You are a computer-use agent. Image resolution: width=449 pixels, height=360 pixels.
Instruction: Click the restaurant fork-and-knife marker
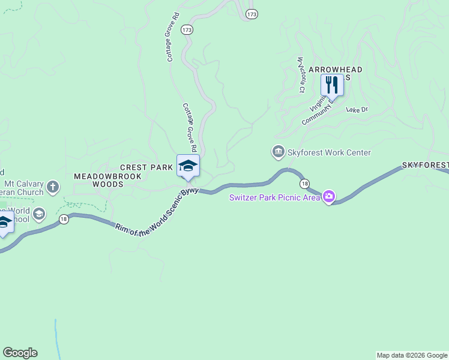click(x=332, y=85)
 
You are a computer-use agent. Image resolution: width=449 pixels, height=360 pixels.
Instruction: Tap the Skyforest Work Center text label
click(x=329, y=152)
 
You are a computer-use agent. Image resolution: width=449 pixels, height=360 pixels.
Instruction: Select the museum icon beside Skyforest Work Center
click(x=279, y=152)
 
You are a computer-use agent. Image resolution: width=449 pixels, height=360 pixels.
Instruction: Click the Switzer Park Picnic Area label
click(x=274, y=197)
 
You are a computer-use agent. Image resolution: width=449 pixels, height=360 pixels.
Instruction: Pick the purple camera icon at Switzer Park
click(x=328, y=197)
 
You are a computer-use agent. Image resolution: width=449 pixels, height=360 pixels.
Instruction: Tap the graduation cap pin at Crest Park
click(x=188, y=166)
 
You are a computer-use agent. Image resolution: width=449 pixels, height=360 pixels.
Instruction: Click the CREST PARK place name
click(x=146, y=167)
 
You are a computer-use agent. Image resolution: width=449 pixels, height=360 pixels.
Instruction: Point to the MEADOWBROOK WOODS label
click(x=107, y=180)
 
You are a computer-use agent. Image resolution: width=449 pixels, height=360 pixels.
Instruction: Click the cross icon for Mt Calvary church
click(x=53, y=187)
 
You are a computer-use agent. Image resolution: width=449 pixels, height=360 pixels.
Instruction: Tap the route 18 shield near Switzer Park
click(x=306, y=183)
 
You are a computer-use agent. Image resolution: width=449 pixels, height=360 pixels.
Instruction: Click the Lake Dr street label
click(x=357, y=109)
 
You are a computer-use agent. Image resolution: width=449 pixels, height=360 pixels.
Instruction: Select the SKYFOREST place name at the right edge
click(x=425, y=164)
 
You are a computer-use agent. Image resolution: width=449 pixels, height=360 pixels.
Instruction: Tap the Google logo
click(x=20, y=353)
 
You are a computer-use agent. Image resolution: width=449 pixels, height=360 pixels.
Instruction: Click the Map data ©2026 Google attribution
click(x=412, y=355)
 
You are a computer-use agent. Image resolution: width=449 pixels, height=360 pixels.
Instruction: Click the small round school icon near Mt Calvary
click(x=39, y=214)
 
